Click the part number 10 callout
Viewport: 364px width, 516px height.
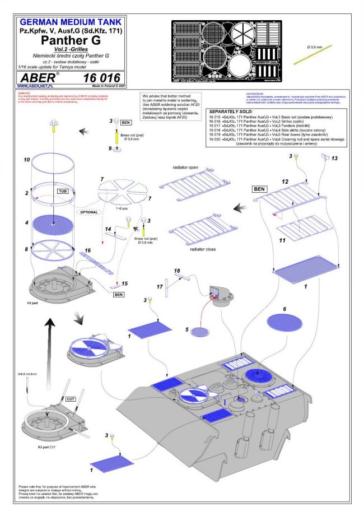click(x=26, y=160)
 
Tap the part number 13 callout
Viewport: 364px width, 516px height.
click(x=335, y=159)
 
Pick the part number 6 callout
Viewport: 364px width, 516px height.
click(x=284, y=309)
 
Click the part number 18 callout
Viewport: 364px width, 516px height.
click(x=178, y=271)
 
